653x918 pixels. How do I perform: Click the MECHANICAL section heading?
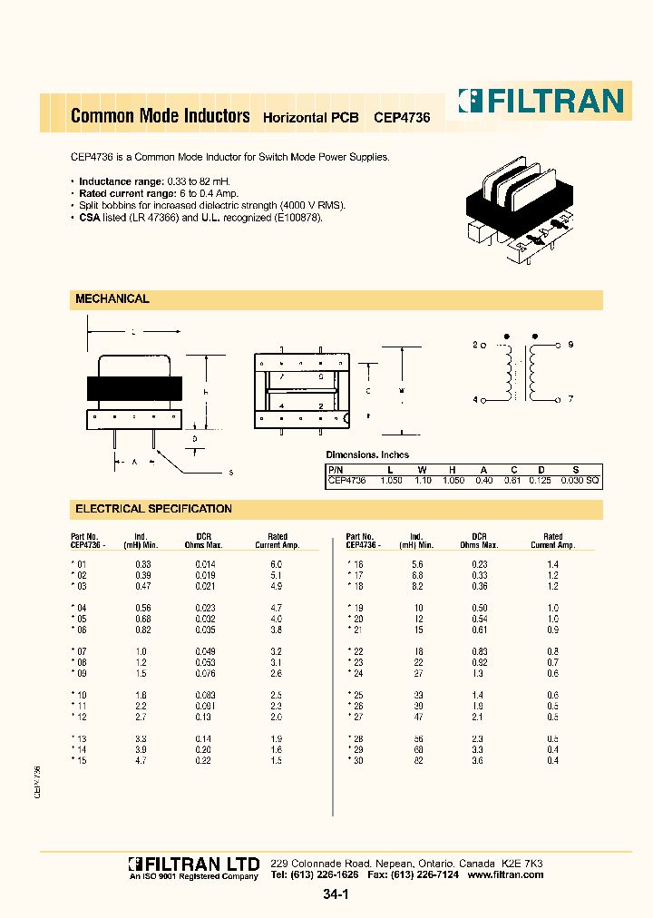tap(112, 299)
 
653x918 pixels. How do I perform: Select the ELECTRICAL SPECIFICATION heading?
tap(153, 509)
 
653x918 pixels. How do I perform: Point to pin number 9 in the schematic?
tap(570, 346)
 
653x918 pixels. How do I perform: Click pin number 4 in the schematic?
tap(474, 400)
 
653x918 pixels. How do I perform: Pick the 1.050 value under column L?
tap(391, 480)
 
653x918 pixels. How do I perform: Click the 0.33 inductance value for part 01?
tap(143, 564)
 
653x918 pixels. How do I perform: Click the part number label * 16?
tap(355, 564)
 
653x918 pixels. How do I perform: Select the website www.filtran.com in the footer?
tap(506, 874)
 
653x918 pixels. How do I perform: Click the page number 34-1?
tap(335, 895)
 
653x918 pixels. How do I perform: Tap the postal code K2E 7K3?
tap(522, 863)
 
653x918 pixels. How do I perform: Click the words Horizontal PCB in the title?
tap(310, 118)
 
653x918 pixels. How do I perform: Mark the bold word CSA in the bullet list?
tap(90, 218)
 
